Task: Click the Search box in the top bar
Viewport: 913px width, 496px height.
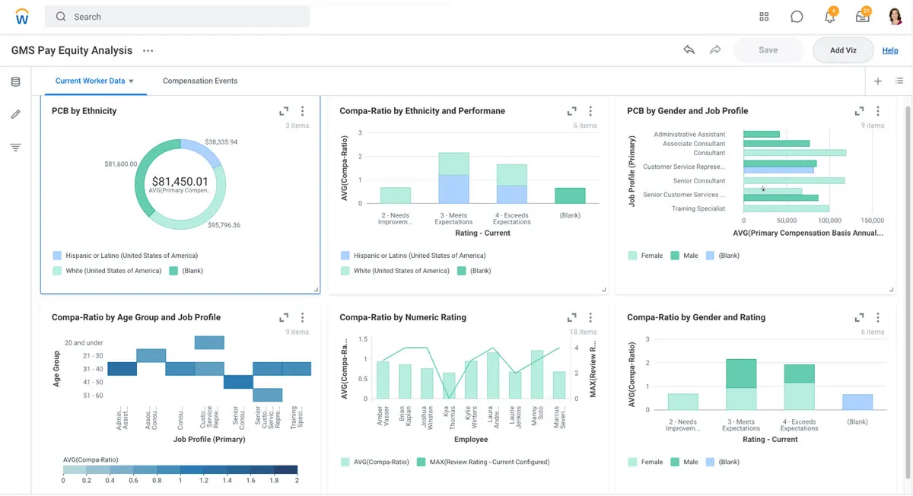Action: click(177, 17)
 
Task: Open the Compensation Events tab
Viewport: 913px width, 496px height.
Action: click(199, 81)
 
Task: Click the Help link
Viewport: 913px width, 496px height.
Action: click(889, 50)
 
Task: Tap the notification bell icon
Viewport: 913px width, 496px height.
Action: click(829, 17)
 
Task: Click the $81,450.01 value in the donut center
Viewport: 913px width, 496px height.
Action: click(180, 181)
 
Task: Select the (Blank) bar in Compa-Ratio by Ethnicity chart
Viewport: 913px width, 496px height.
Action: click(570, 196)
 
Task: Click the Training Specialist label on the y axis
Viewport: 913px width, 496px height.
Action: click(698, 208)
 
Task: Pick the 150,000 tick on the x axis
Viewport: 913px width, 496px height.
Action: click(872, 221)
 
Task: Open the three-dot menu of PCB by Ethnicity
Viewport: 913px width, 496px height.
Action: click(302, 111)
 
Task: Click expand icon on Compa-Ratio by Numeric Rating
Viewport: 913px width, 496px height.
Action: click(571, 317)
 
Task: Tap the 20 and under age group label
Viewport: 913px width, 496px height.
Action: click(84, 343)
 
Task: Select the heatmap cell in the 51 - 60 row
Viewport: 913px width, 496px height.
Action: click(267, 395)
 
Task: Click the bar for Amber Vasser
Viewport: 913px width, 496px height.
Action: click(383, 380)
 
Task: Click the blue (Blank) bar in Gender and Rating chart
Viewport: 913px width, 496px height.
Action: click(857, 402)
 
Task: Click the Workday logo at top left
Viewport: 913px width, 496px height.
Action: click(22, 17)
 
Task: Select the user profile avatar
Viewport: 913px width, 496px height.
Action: click(895, 17)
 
